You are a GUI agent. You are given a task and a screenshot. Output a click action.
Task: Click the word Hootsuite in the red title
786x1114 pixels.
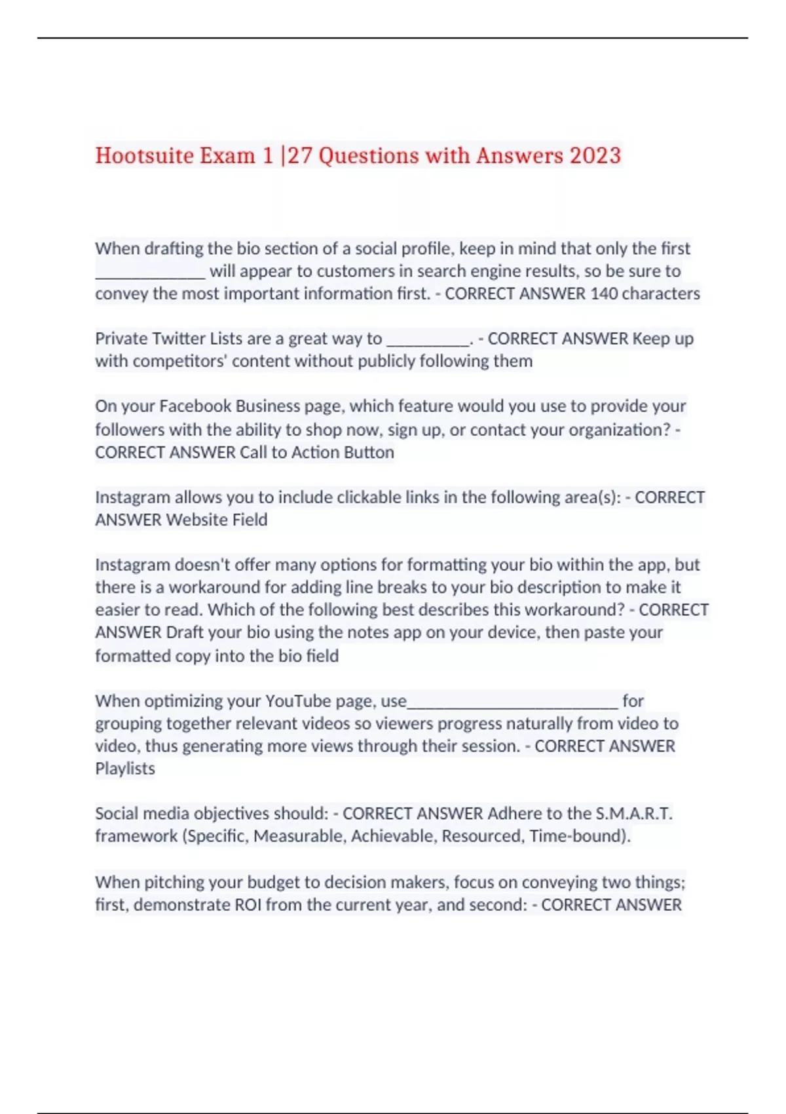point(144,156)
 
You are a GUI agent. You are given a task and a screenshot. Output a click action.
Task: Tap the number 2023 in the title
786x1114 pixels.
point(595,156)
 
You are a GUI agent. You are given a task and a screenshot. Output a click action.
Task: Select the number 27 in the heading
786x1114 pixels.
point(299,156)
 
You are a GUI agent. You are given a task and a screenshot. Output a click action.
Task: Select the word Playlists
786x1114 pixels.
point(125,769)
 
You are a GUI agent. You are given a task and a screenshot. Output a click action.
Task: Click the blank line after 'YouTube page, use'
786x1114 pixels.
point(512,705)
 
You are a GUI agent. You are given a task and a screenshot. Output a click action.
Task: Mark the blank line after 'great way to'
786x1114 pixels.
point(428,343)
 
